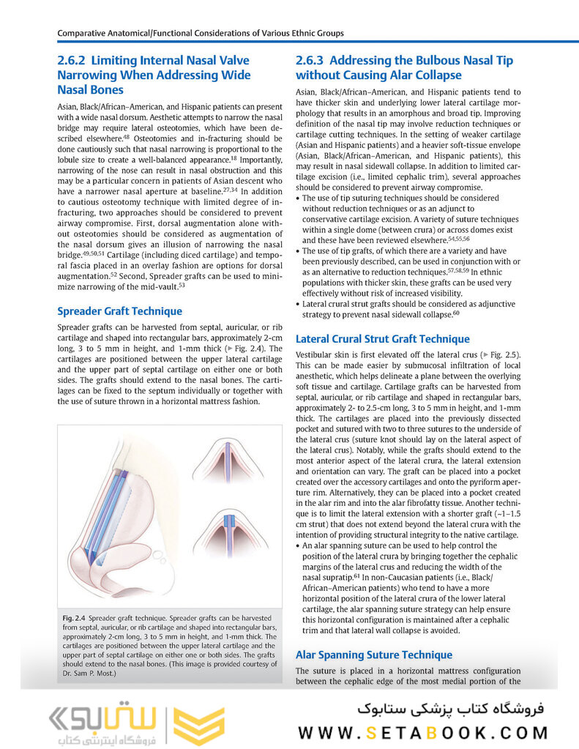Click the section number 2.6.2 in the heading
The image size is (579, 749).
point(73,60)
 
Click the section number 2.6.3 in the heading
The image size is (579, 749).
point(312,60)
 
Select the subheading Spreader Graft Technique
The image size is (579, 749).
point(119,311)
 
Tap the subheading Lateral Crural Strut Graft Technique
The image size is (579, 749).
point(382,339)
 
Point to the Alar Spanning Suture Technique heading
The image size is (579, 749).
point(373,655)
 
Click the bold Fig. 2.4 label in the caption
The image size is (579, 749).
point(75,619)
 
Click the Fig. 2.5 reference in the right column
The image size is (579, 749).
point(504,354)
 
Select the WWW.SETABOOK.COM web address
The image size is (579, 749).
point(423,732)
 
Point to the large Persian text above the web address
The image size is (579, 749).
point(449,707)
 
